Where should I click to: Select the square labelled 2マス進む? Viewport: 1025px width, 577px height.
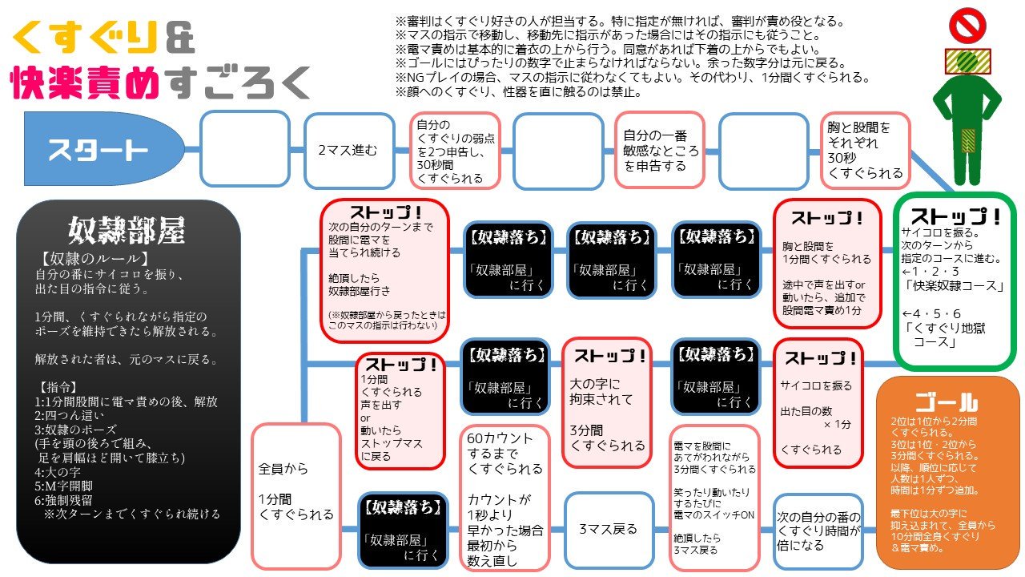348,150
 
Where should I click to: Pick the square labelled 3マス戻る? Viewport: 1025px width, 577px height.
609,529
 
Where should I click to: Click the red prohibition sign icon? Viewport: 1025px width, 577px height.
967,26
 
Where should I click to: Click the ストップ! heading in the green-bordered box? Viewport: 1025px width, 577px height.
955,216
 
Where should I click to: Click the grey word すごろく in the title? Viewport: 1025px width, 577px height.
240,83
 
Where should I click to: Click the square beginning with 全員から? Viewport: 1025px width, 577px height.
296,495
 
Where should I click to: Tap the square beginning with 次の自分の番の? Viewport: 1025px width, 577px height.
818,529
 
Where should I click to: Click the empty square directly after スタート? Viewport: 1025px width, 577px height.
244,150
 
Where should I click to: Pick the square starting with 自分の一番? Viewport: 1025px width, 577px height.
661,150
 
